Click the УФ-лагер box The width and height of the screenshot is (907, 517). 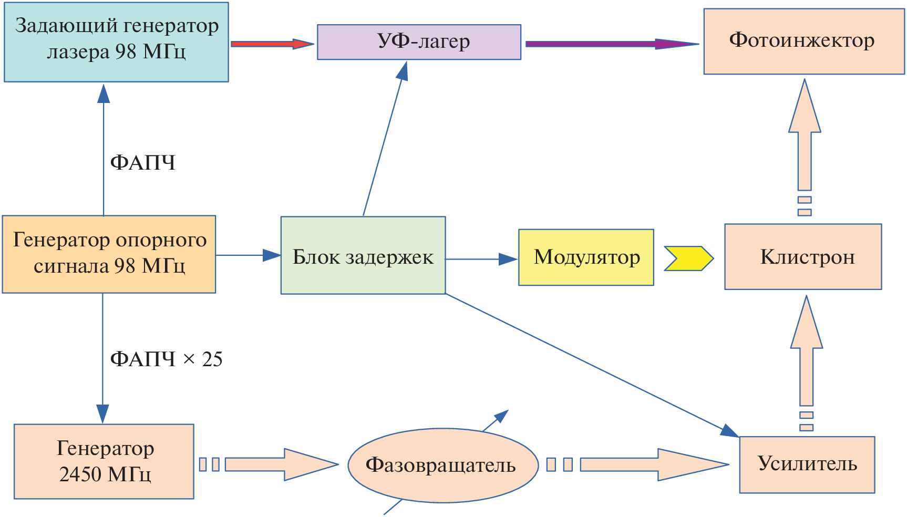coord(419,42)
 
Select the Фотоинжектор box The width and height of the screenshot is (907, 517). coord(803,42)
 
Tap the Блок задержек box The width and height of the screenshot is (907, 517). coord(363,256)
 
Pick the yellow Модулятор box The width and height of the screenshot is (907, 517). coord(586,257)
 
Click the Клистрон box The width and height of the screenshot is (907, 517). coord(803,257)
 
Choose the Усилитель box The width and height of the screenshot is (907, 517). coord(807,464)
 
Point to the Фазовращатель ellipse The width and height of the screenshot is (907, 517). coord(443,466)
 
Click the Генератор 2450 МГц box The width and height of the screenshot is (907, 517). coord(104,461)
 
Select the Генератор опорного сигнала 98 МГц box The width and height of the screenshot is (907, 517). coord(109,254)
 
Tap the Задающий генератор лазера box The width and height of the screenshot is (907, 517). coord(116,42)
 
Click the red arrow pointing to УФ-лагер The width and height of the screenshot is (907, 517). coord(271,44)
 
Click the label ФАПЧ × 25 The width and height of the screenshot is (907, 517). coord(166,359)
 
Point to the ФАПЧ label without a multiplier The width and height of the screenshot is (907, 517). coord(142,163)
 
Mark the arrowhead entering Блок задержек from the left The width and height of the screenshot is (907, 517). coord(272,255)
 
